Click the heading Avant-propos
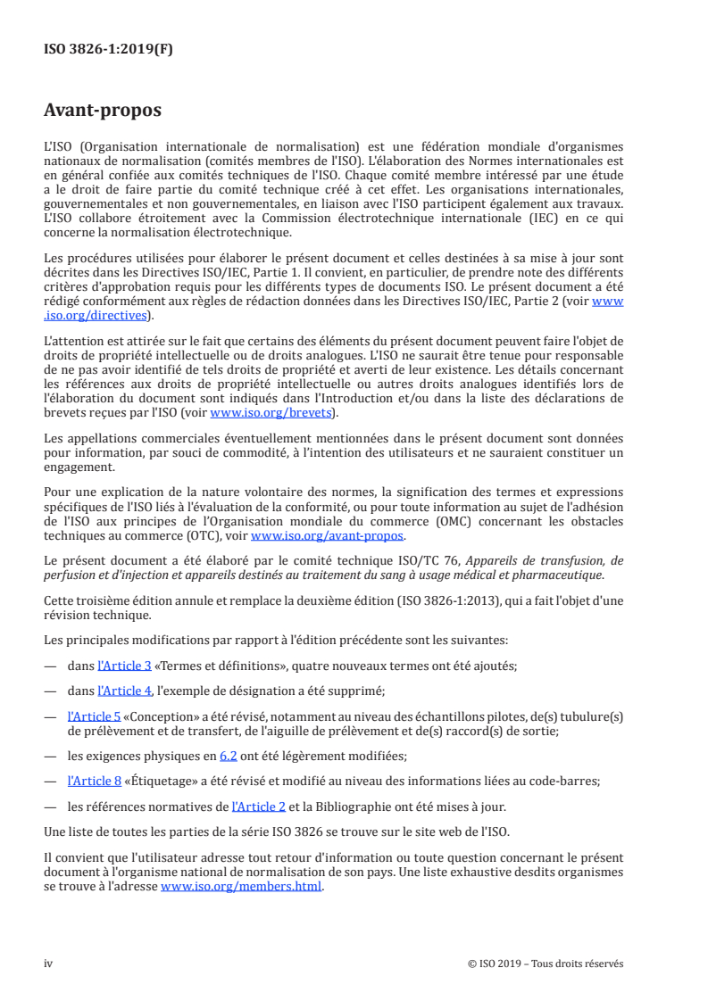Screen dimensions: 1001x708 click(103, 111)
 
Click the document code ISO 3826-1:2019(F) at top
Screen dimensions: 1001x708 click(108, 50)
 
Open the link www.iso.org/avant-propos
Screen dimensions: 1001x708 click(328, 536)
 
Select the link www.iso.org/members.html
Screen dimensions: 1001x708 click(241, 888)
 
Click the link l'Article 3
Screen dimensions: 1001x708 click(124, 666)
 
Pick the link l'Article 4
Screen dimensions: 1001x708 click(124, 691)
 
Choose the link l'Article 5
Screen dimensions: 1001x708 click(95, 716)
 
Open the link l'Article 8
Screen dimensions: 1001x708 click(95, 781)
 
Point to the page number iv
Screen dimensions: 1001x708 click(49, 964)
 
